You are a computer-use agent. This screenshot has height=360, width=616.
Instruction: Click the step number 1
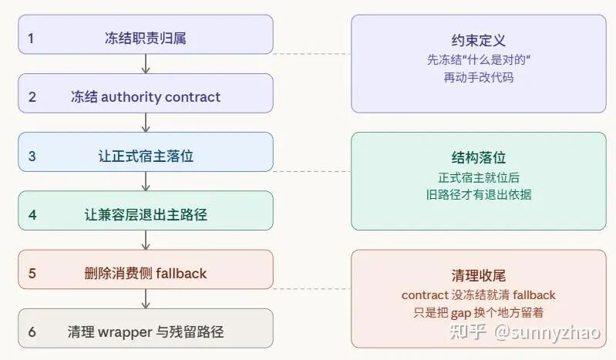tap(31, 38)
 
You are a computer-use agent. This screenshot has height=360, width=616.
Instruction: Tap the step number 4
tap(32, 215)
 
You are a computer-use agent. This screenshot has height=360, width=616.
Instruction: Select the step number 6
tap(32, 332)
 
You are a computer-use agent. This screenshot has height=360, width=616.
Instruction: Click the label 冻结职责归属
tap(145, 38)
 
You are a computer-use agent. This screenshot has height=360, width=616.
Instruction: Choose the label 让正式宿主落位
tap(145, 156)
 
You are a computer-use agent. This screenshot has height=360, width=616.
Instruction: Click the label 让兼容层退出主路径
tap(145, 215)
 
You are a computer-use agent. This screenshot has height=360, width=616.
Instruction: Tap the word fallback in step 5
tap(180, 274)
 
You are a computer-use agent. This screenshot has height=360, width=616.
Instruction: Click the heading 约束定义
tap(478, 41)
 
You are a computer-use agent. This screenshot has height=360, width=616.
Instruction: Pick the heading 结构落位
tap(478, 158)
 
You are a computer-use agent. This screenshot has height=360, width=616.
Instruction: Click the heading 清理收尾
tap(478, 275)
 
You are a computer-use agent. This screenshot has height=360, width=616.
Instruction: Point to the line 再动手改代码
tap(478, 77)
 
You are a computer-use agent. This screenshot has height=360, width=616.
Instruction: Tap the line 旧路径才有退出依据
tap(478, 194)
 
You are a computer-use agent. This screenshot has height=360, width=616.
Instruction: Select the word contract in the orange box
tap(425, 294)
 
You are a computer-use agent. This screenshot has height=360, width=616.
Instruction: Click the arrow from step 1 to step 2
tap(146, 64)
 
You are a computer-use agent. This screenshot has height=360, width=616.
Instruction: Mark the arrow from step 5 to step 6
tap(146, 299)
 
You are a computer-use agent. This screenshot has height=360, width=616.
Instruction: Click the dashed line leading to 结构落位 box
tap(312, 171)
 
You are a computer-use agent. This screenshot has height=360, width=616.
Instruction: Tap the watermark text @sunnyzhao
tap(550, 333)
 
